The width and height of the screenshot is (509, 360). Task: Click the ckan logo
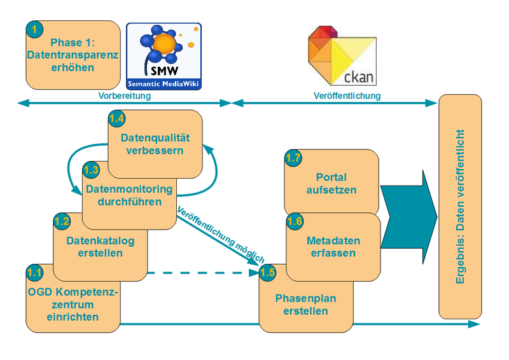click(341, 56)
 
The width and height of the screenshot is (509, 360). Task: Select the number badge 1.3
click(92, 170)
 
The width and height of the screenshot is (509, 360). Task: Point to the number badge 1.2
click(62, 221)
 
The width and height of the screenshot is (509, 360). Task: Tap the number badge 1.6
click(295, 221)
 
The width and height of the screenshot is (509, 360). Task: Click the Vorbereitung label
click(124, 96)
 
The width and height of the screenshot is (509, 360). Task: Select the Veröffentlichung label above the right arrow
click(347, 96)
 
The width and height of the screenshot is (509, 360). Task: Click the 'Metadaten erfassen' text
click(333, 247)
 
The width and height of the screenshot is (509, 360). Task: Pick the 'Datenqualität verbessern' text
click(155, 144)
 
